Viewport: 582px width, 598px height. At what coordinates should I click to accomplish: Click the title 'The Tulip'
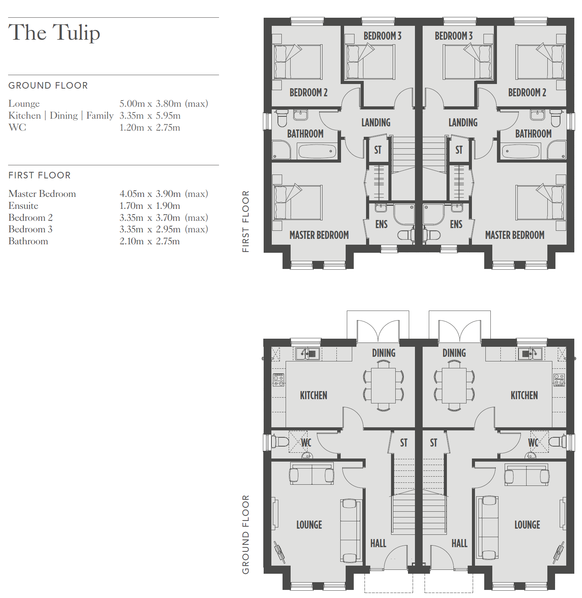54,32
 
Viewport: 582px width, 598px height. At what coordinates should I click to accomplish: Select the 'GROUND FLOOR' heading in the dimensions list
48,86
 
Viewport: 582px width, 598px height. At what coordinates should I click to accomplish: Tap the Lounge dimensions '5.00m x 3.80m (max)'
164,104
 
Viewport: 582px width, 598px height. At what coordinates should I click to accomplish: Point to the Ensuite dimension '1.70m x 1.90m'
150,206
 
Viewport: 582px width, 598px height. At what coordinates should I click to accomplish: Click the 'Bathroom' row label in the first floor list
28,241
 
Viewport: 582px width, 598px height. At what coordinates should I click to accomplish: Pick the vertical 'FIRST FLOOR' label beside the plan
246,222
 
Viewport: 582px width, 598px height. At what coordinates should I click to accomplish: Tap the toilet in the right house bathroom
555,118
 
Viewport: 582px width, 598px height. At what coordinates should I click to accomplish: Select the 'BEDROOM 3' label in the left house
382,36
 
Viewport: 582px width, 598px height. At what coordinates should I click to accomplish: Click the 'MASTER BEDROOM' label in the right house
515,235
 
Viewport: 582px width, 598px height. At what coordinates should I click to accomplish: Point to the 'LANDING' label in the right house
463,123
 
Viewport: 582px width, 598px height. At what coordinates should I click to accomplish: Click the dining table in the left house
383,386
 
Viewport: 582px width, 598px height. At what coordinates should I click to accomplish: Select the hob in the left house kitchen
279,380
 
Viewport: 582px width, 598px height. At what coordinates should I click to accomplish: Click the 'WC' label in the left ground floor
306,443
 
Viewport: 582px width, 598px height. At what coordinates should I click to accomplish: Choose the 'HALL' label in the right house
459,543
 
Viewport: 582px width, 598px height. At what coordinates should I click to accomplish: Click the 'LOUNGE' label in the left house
309,525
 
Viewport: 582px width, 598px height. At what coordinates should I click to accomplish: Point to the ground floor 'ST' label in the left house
403,443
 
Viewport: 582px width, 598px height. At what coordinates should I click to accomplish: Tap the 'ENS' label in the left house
381,224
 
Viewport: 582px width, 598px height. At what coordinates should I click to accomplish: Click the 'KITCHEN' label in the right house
524,395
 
